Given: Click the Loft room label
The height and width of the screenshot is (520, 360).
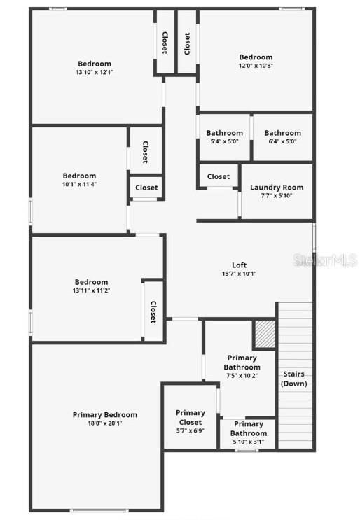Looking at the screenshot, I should [240, 265].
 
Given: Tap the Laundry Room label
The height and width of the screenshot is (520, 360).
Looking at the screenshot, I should [277, 188].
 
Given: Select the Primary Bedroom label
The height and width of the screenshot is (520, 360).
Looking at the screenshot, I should [105, 415].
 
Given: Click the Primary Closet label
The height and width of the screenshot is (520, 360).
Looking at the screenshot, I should [191, 418].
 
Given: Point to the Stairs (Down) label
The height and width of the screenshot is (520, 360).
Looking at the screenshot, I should [294, 379].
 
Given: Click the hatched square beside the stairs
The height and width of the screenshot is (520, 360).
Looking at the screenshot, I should [264, 334].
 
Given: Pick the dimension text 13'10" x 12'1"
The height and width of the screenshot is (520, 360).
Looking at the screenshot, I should [95, 72].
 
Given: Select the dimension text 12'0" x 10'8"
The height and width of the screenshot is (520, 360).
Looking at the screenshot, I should [256, 66].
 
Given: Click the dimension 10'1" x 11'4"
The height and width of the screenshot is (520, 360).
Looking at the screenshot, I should [79, 185].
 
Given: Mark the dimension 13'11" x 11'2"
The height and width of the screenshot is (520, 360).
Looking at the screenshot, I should [92, 290].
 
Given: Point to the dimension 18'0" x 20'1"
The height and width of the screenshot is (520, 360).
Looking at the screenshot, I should [105, 423].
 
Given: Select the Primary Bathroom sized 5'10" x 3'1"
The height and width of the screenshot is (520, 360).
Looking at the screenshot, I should [249, 428].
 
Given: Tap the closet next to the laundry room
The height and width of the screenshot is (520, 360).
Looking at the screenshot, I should [219, 177].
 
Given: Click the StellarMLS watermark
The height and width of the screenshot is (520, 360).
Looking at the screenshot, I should [326, 260].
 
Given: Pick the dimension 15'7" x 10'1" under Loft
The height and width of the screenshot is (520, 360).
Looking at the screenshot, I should [240, 274].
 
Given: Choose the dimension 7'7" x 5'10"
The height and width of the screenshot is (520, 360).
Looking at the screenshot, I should [277, 196].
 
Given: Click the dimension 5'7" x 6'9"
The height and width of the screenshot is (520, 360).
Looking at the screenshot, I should [191, 431].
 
